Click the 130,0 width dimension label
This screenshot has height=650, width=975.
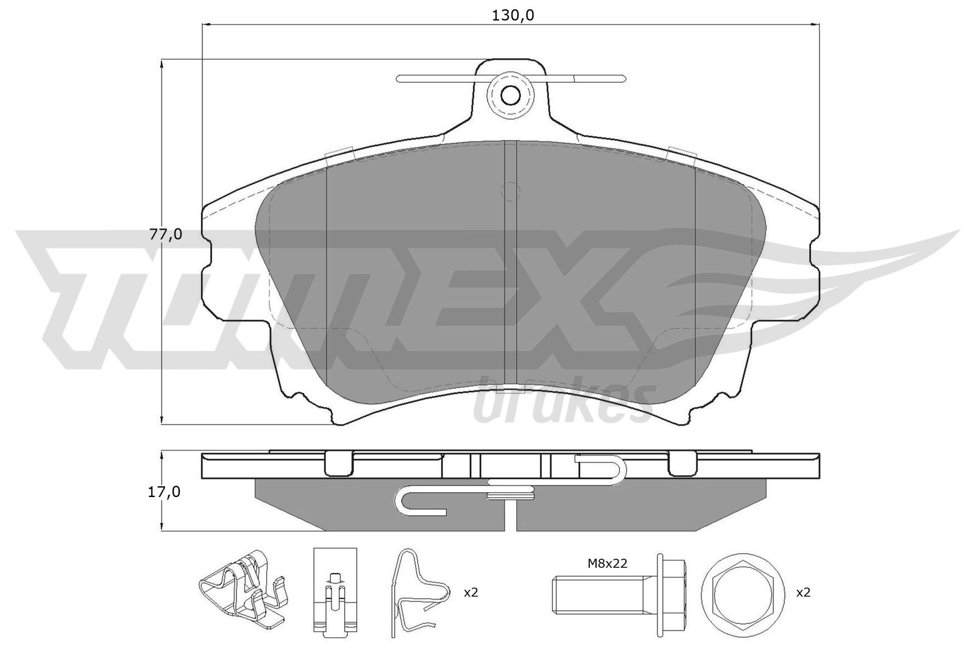point(513,15)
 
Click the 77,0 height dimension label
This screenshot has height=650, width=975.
point(166,235)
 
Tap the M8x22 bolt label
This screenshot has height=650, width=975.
point(607,563)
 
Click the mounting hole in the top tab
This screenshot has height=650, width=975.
point(510,95)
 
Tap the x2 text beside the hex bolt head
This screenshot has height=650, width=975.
point(803,592)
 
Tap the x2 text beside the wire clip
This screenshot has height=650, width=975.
point(471,592)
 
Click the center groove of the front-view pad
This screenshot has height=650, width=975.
point(511,268)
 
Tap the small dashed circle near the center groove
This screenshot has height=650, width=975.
point(511,191)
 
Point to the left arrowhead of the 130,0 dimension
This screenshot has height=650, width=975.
point(205,24)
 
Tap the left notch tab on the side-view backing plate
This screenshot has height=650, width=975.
point(339,464)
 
